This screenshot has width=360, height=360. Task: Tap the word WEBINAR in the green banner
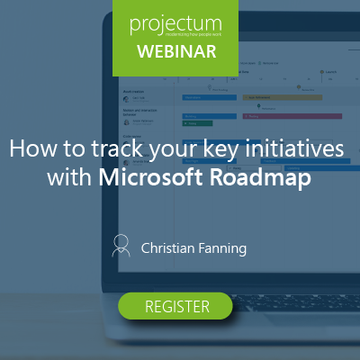pos(176,50)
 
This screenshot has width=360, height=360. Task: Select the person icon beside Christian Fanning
pos(121,245)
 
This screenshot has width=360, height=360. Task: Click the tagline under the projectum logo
pos(176,33)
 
